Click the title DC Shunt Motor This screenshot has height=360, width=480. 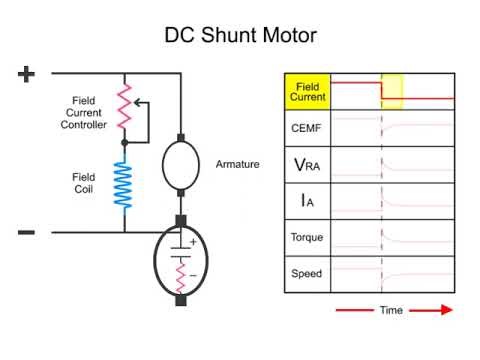[x=240, y=36]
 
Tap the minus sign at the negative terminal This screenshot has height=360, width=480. [x=26, y=232]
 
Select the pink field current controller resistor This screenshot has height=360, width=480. [x=125, y=105]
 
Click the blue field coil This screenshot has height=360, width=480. [x=125, y=184]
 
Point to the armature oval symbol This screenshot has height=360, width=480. [x=181, y=163]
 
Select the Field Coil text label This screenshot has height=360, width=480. [x=84, y=183]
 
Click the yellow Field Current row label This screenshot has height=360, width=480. [x=307, y=92]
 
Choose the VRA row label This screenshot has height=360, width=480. [x=307, y=163]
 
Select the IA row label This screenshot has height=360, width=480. [x=307, y=201]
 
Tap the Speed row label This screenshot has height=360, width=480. [x=307, y=272]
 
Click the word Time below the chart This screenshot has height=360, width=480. [x=390, y=310]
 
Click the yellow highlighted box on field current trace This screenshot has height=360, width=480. [x=391, y=91]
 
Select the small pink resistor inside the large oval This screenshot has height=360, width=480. [x=182, y=276]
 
